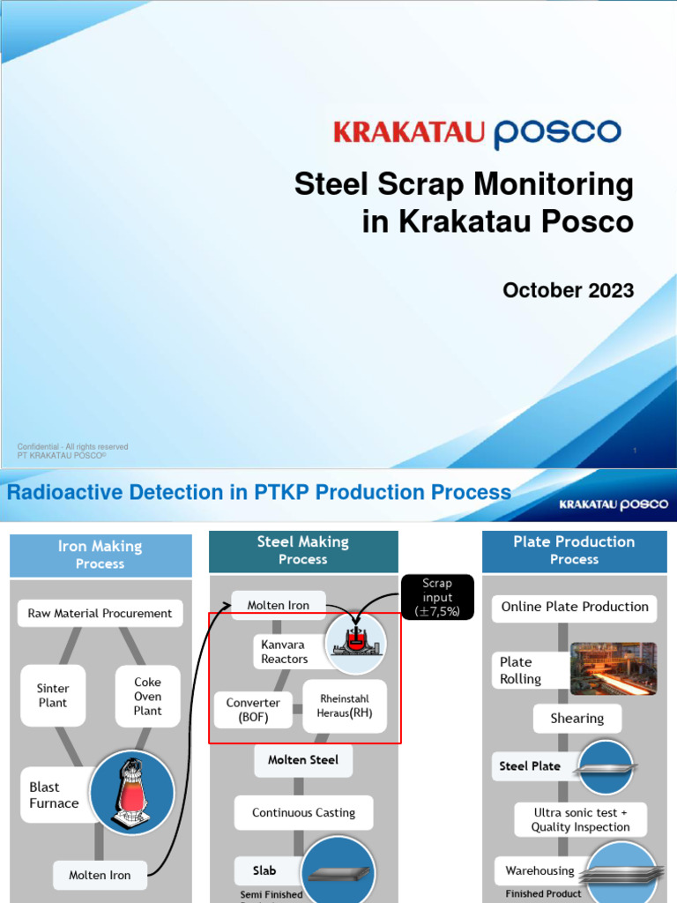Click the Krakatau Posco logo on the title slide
click(x=477, y=133)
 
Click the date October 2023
click(x=568, y=290)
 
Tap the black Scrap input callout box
click(x=437, y=597)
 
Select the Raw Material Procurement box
click(x=100, y=613)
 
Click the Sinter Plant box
click(x=53, y=696)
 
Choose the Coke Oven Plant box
click(x=147, y=696)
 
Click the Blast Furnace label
click(x=55, y=795)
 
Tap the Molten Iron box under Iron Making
click(x=100, y=875)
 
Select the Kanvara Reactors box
click(x=284, y=652)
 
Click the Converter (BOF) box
click(x=253, y=710)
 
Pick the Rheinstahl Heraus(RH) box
click(x=345, y=705)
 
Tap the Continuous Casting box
click(x=303, y=812)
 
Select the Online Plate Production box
click(x=575, y=607)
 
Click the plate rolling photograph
click(x=613, y=668)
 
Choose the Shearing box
click(x=577, y=718)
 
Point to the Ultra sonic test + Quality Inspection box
click(x=580, y=819)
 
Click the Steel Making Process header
click(x=303, y=550)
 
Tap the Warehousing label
click(x=539, y=870)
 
